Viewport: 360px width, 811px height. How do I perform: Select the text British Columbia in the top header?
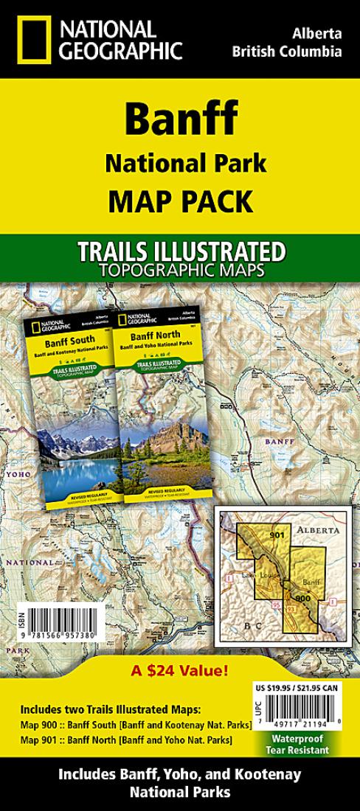point(287,52)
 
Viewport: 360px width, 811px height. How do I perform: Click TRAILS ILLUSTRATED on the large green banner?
point(180,251)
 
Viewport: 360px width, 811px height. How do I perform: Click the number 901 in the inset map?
point(277,535)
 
